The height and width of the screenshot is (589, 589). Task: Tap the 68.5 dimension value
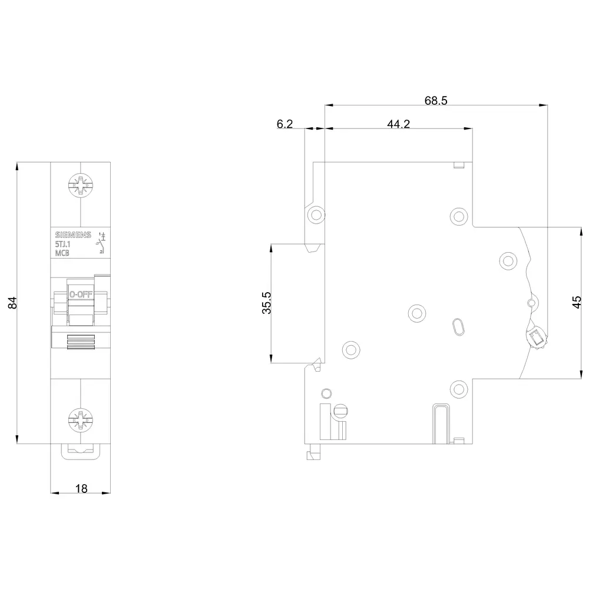(x=436, y=100)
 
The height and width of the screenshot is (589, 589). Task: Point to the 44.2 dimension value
(x=398, y=124)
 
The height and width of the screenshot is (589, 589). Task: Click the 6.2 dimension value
(x=284, y=124)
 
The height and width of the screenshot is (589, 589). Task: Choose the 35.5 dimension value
(x=266, y=303)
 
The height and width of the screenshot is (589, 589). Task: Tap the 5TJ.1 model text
(x=63, y=244)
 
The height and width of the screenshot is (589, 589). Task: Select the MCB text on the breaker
(x=62, y=253)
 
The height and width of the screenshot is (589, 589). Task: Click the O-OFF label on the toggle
(x=80, y=294)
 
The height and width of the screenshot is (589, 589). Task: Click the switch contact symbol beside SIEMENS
(x=102, y=243)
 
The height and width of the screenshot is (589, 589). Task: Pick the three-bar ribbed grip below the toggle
(x=81, y=342)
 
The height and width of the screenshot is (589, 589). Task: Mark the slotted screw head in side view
(x=341, y=411)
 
